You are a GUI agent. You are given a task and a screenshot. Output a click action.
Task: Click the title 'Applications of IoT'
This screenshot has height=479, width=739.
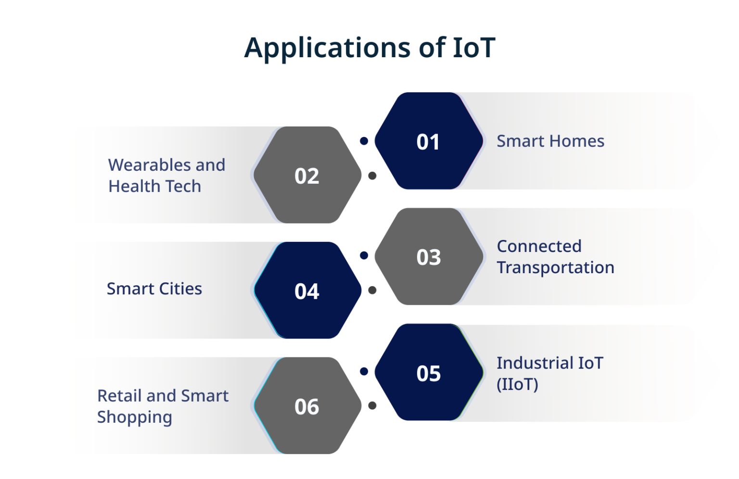tap(369, 48)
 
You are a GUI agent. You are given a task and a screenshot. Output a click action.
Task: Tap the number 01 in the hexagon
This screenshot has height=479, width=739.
tap(428, 142)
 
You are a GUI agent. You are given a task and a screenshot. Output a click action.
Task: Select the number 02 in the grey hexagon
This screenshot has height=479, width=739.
tap(306, 176)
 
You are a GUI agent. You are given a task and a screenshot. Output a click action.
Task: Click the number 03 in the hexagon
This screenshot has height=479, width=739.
tap(428, 257)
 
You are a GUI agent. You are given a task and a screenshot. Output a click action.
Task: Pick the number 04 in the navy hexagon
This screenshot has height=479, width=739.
tap(306, 291)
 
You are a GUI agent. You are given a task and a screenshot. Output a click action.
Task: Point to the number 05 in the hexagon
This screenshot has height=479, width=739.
tap(428, 373)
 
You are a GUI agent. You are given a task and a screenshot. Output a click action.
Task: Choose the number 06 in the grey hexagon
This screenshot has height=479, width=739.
tap(306, 407)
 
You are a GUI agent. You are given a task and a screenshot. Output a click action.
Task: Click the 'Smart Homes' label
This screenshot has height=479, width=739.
tap(550, 141)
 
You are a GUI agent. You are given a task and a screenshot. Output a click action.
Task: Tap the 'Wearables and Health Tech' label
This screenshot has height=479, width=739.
tap(166, 176)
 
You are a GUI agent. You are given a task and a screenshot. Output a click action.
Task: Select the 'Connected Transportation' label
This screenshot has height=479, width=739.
tap(555, 257)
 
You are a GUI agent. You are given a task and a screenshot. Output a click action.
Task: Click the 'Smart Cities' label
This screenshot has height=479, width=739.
tap(154, 289)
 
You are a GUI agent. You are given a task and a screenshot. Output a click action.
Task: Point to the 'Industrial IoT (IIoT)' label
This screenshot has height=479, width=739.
tap(549, 373)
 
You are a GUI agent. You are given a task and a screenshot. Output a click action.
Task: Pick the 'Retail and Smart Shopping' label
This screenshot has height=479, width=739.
tap(163, 406)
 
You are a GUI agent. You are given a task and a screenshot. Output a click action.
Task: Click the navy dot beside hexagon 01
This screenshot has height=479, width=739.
tap(364, 141)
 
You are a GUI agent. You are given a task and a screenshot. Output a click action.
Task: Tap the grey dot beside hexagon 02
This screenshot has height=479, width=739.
tap(372, 176)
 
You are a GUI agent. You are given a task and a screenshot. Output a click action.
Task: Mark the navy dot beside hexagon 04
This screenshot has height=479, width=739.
tap(364, 255)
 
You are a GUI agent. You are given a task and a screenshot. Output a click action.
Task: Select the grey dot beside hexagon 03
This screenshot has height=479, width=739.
tap(372, 290)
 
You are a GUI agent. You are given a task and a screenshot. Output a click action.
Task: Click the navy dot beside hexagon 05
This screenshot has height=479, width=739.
tap(364, 371)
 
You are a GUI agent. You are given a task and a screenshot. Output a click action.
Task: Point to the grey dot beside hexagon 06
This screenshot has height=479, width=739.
tap(372, 406)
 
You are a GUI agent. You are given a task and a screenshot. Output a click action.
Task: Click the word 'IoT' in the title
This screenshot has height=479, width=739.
tap(474, 48)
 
